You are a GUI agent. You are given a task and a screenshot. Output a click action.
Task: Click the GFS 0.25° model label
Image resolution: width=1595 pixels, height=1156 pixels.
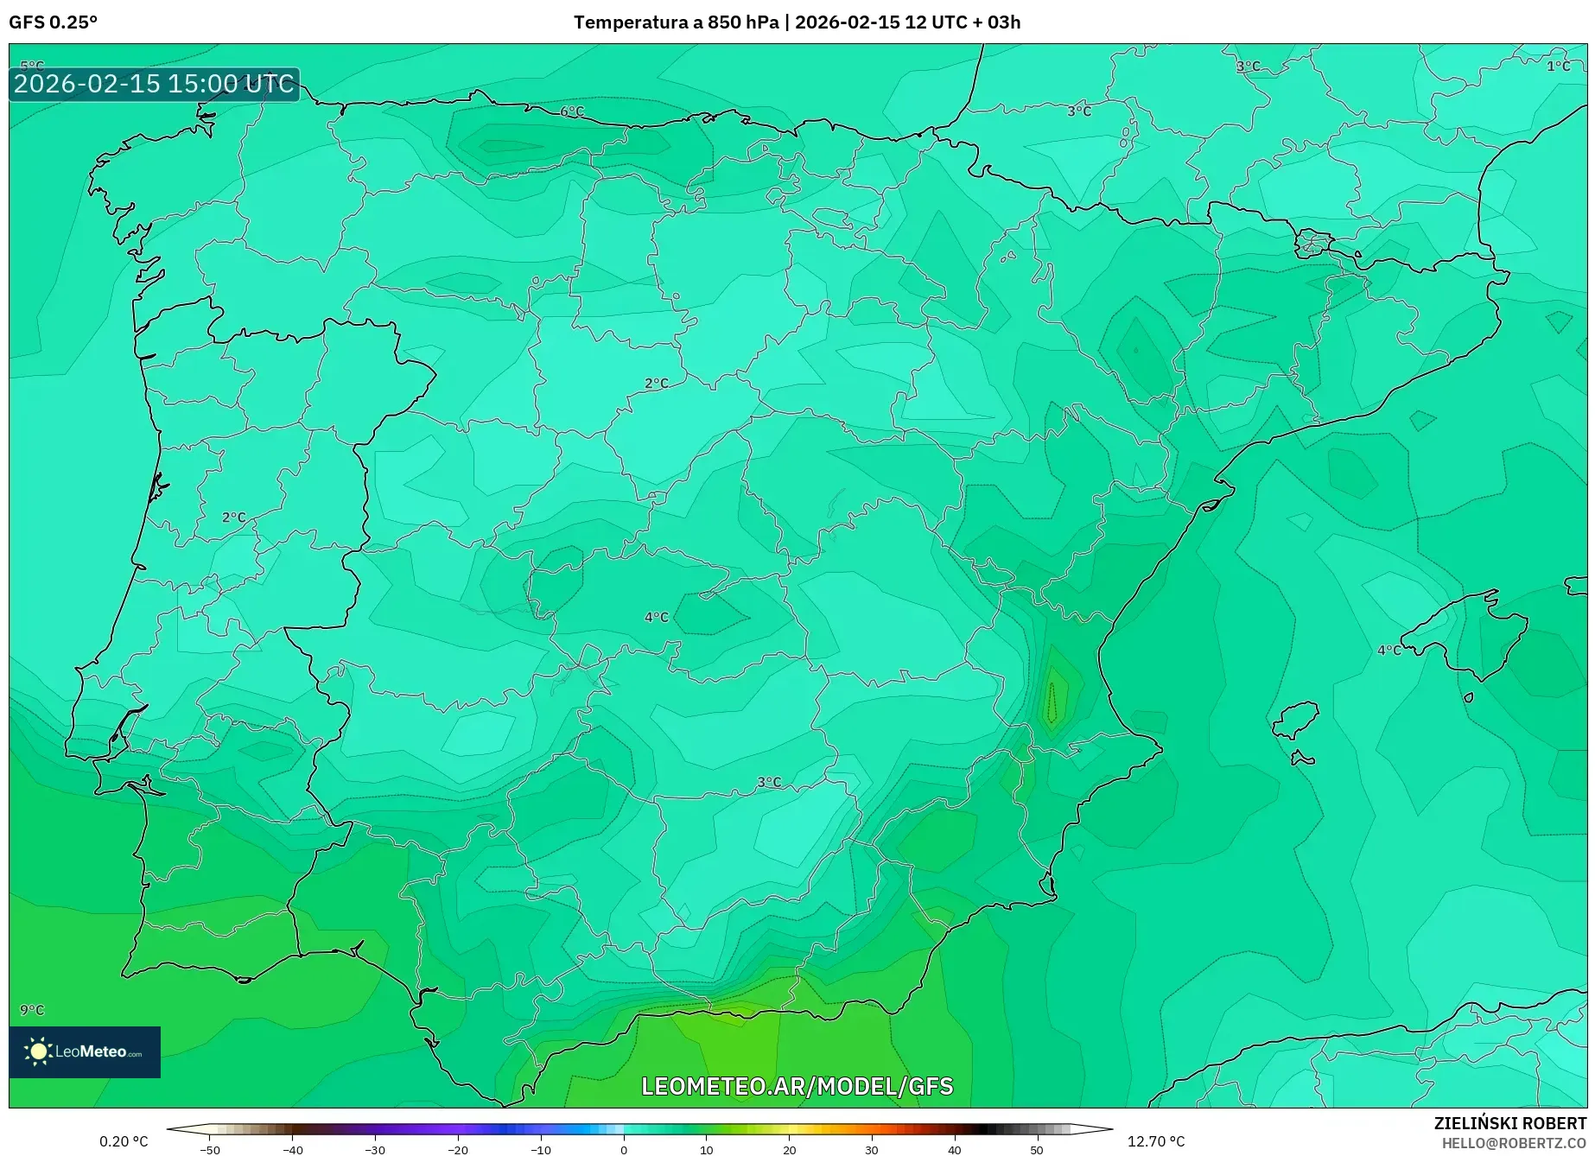click(53, 22)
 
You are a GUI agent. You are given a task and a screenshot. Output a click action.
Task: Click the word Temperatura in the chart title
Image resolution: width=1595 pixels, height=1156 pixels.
click(630, 22)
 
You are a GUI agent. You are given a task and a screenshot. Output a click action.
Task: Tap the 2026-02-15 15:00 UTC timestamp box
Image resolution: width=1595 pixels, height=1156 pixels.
click(154, 85)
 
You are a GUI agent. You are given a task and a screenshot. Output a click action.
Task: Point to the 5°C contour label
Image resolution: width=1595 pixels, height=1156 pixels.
click(32, 66)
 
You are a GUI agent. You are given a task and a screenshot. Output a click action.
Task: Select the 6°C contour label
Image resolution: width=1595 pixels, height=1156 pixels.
click(572, 111)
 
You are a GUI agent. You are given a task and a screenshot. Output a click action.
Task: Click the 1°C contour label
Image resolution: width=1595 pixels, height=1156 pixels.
click(1558, 66)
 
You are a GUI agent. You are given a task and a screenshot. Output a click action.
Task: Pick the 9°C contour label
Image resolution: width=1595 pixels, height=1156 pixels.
click(32, 1009)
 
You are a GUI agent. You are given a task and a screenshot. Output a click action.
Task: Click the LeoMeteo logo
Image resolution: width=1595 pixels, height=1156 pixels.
click(85, 1051)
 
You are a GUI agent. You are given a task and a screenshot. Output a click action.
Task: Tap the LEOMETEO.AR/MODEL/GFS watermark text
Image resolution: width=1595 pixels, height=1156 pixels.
click(797, 1086)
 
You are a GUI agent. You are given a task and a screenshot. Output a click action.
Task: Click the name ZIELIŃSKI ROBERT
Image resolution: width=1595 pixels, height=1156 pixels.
click(1509, 1123)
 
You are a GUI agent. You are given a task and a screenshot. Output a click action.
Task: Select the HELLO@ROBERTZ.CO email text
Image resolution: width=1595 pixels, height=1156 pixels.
click(1513, 1143)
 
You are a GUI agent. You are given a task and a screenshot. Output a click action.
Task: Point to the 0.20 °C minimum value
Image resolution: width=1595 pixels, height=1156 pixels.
click(124, 1141)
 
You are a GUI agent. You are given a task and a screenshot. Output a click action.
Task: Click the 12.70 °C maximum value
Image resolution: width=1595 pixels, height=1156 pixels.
click(1155, 1141)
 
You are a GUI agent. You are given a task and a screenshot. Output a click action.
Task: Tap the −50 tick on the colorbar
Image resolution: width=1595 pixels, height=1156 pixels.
click(210, 1150)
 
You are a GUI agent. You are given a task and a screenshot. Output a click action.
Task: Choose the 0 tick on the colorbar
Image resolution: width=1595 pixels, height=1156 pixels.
click(624, 1150)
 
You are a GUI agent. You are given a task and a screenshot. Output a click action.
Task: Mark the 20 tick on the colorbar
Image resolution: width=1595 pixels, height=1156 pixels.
click(789, 1150)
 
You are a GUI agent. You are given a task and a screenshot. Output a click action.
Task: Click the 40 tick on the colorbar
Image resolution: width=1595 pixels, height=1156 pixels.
click(954, 1150)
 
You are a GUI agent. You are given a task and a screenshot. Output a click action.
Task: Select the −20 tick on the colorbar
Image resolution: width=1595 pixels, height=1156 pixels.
click(458, 1150)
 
